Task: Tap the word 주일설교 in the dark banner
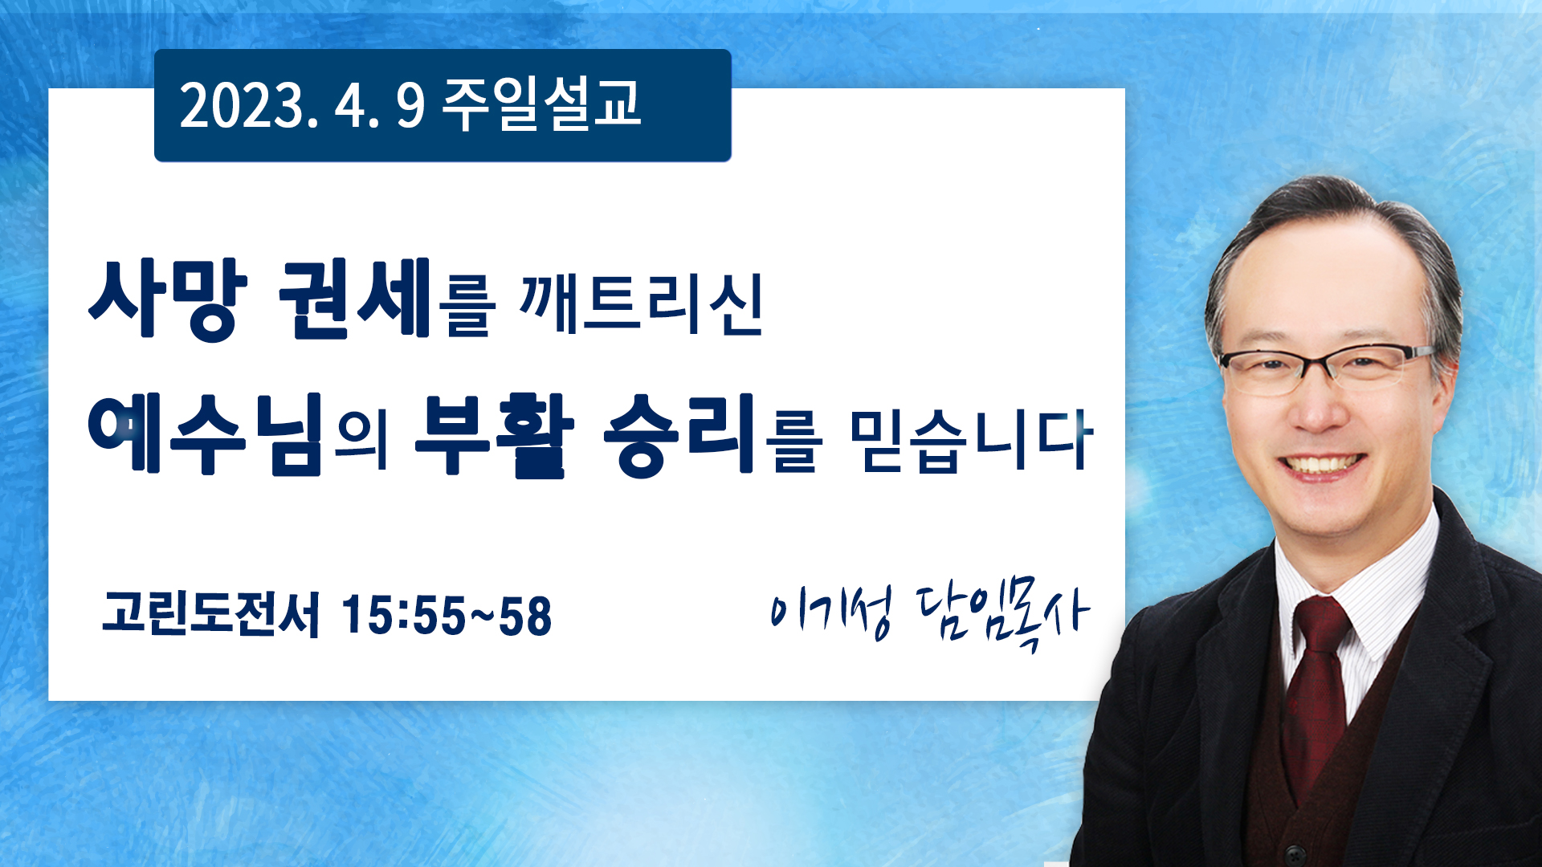coord(542,104)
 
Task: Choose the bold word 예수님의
coord(239,434)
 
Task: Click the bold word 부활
coord(495,436)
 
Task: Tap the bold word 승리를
coord(712,434)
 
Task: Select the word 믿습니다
coord(972,439)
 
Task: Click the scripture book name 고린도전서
coord(210,614)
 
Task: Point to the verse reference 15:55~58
coord(447,616)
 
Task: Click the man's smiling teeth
coord(1321,465)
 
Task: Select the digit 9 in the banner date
coord(410,106)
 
